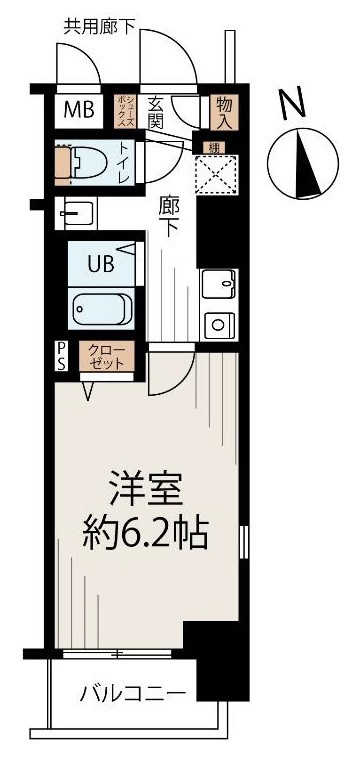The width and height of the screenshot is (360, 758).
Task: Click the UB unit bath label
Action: click(100, 264)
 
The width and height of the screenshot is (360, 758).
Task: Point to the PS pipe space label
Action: click(61, 356)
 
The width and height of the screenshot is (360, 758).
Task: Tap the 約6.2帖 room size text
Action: click(145, 537)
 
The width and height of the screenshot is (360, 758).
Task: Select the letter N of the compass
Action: click(291, 103)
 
